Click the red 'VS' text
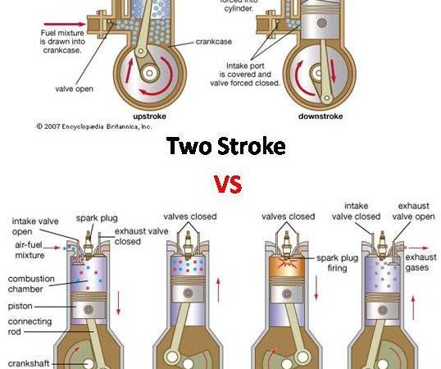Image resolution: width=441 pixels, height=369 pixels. pos(228,184)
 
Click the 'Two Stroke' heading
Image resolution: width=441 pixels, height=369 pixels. pos(226,146)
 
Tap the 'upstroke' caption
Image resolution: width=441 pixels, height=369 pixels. pos(149,116)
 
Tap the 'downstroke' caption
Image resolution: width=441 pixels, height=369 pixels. pos(321,116)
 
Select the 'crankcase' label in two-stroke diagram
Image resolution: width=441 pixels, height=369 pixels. pos(214,42)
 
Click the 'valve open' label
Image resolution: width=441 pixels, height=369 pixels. pos(75,89)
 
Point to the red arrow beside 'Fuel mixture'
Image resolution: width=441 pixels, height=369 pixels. pos(65,24)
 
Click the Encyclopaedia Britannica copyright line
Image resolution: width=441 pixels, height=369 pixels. pos(94,126)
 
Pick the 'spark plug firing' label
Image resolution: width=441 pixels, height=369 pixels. pos(337,262)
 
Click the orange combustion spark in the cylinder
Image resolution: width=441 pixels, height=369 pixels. pos(287,263)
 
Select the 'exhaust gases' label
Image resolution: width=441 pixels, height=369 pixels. pos(421,262)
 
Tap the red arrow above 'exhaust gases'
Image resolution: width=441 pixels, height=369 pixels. pos(419,248)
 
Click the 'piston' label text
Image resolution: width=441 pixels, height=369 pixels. pos(20,307)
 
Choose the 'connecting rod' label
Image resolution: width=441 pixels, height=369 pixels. pos(30,326)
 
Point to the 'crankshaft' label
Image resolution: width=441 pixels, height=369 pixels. pos(29,363)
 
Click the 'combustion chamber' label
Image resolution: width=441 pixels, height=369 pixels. pos(31,284)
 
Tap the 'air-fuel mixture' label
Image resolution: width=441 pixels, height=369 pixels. pos(29,250)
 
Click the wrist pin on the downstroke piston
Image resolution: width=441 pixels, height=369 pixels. pos(322,23)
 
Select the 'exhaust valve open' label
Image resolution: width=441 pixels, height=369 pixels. pos(413,212)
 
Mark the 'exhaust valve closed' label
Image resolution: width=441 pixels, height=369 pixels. pos(142,236)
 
